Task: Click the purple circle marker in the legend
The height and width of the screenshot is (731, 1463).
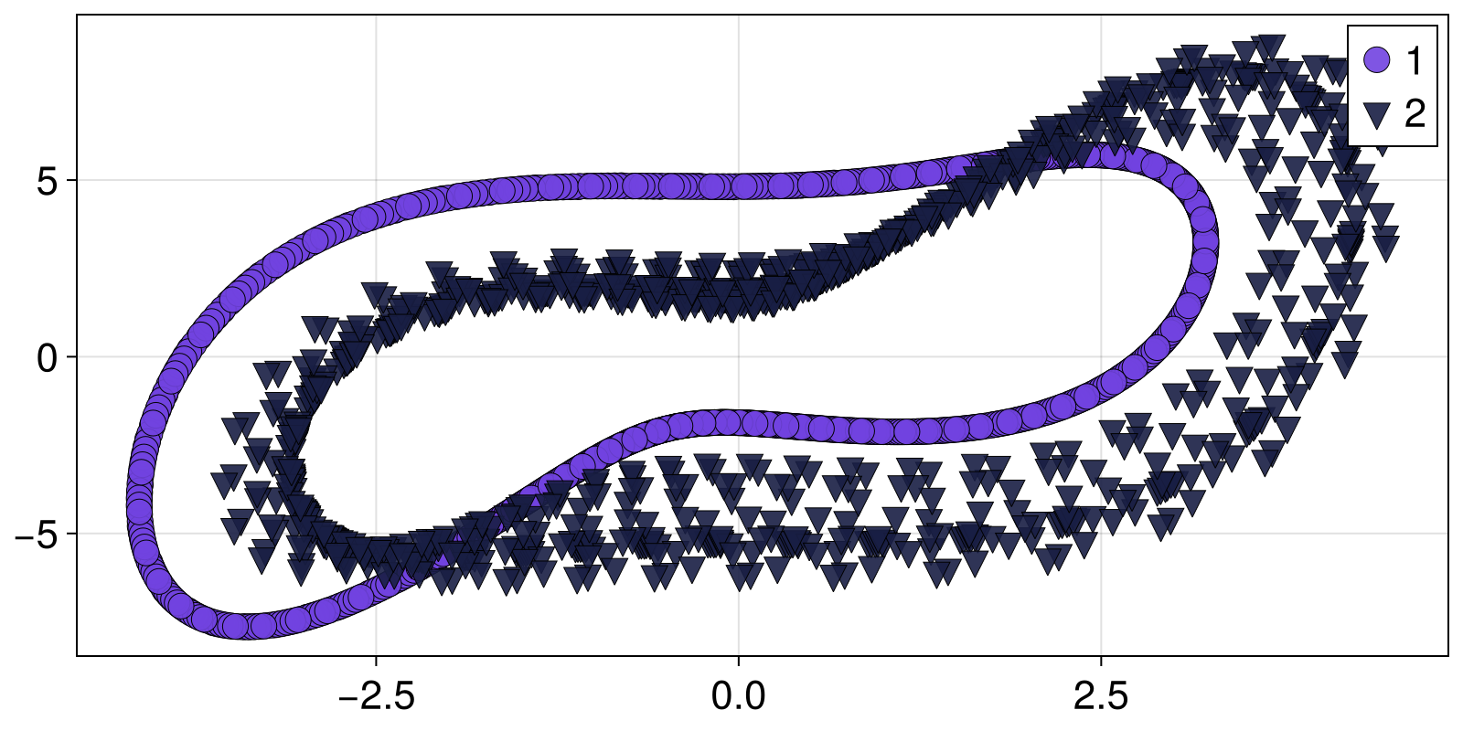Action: [x=1376, y=60]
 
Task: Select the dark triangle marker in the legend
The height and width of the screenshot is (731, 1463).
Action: [x=1376, y=115]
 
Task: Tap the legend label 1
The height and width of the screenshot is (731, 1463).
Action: [x=1414, y=60]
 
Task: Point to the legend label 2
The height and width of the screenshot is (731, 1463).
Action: [x=1415, y=115]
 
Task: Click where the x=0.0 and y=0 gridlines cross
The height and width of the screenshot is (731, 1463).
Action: [x=738, y=357]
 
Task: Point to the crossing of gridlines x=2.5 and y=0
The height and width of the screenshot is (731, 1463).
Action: [x=1101, y=357]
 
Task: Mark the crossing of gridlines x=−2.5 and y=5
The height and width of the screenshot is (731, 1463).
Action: [x=376, y=181]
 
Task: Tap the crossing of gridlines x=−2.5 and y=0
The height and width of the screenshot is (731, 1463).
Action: [x=376, y=357]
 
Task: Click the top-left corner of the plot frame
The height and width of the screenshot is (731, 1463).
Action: [x=77, y=16]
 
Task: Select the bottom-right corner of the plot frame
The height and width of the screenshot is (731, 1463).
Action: [x=1448, y=655]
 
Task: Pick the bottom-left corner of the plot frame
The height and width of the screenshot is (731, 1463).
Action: [x=77, y=655]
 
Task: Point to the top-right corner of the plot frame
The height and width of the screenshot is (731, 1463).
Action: [x=1448, y=16]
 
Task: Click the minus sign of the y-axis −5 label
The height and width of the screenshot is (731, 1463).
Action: [x=24, y=535]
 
